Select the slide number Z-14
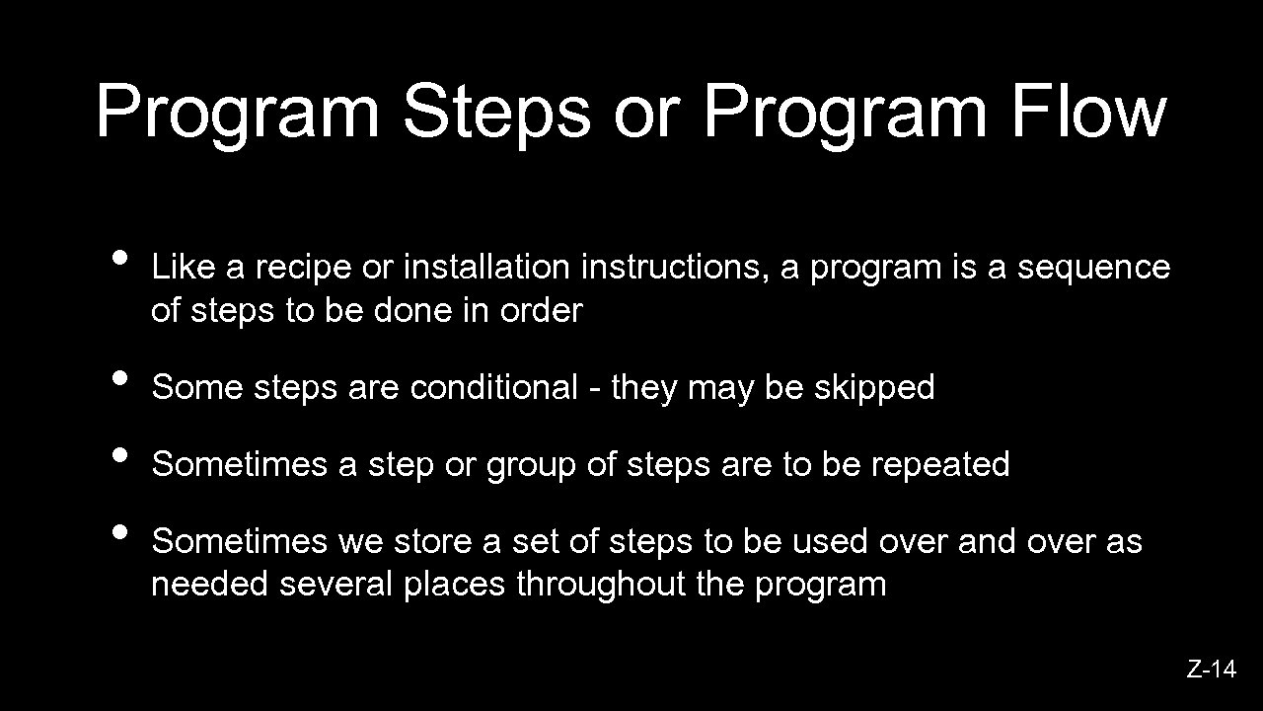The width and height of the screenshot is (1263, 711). coord(1211,670)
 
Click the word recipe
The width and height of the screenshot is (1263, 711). coord(306,268)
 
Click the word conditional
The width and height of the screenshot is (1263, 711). coord(493,387)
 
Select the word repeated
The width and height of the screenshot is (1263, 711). coord(940,464)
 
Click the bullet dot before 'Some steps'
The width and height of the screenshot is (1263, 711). coord(120,377)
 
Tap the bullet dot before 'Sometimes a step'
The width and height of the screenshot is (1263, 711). coord(120,454)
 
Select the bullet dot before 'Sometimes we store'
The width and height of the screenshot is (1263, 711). coord(120,531)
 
